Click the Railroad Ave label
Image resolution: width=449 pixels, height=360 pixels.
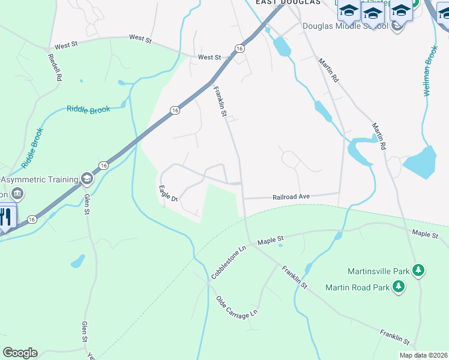coord(291,197)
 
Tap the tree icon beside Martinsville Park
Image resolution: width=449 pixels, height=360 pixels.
coord(419,271)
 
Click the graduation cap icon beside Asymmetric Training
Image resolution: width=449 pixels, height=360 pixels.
coord(87,179)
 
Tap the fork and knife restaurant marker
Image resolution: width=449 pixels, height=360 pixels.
coord(5,217)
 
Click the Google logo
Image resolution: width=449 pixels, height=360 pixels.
coord(20,353)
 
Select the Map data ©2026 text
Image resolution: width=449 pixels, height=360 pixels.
coord(424,355)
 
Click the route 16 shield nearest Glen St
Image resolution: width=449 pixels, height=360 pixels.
coord(103,165)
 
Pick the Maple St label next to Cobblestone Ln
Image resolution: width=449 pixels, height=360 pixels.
coord(270,241)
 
